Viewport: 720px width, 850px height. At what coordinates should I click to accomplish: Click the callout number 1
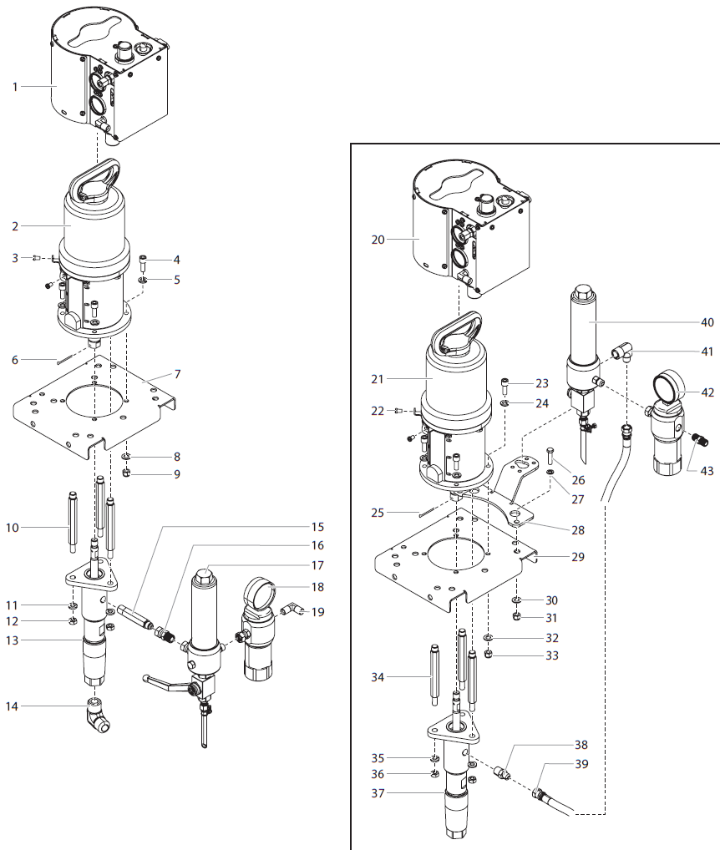(15, 86)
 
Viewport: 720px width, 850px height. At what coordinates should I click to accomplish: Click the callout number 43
(707, 471)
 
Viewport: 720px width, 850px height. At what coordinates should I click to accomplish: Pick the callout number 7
(177, 373)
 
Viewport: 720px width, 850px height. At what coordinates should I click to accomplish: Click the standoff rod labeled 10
(74, 527)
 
